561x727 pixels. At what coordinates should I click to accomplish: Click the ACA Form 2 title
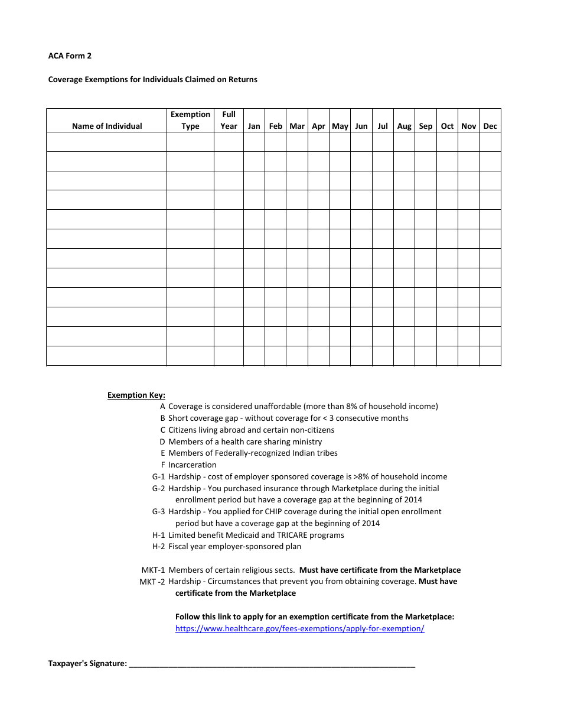(x=70, y=56)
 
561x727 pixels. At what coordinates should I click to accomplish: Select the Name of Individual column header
(x=107, y=126)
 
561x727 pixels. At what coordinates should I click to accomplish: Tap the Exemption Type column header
(x=190, y=120)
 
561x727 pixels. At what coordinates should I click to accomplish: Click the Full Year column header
(x=229, y=120)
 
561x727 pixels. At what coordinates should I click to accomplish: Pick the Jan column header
(x=254, y=126)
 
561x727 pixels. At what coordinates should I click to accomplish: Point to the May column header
(x=340, y=126)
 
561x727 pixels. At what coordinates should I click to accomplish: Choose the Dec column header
(x=490, y=126)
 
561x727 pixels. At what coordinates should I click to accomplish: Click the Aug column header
(x=405, y=126)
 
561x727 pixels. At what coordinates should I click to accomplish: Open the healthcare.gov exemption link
(x=299, y=629)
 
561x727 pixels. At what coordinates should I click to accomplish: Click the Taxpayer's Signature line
(x=272, y=664)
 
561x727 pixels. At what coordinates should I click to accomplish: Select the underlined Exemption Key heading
(x=136, y=395)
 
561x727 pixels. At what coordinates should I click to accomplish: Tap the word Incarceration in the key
(x=192, y=465)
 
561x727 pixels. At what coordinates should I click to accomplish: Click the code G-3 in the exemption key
(x=158, y=512)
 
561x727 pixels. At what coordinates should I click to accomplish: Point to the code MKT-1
(x=153, y=570)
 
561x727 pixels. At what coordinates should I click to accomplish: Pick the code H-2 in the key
(x=158, y=547)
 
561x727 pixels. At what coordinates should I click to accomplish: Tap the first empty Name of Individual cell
(x=107, y=142)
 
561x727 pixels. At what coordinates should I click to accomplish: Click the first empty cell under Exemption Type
(x=190, y=142)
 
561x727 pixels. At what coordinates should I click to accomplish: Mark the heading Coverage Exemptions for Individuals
(x=152, y=80)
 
